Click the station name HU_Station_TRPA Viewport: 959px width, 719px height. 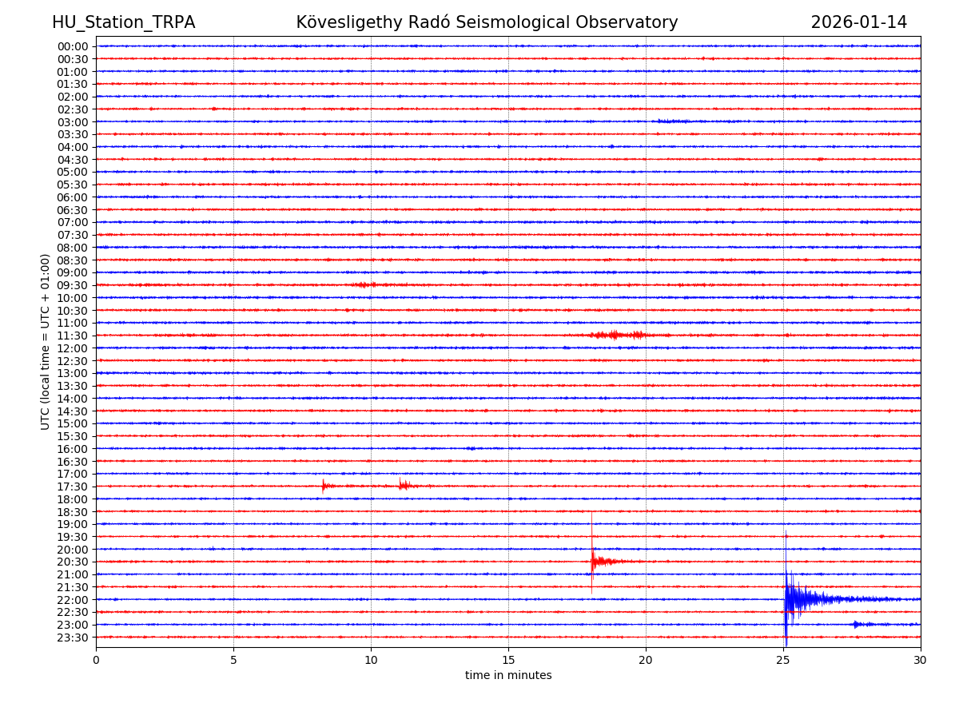click(x=123, y=22)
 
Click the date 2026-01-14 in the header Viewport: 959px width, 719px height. click(x=858, y=22)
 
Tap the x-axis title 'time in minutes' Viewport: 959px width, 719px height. click(x=508, y=675)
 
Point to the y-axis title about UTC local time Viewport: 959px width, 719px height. click(x=46, y=341)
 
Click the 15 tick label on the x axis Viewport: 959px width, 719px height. click(x=508, y=660)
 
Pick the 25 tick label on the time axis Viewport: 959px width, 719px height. click(x=783, y=660)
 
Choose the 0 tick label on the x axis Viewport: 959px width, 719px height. click(x=96, y=660)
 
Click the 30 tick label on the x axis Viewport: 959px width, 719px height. click(x=921, y=660)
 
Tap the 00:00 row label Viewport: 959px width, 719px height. click(x=73, y=46)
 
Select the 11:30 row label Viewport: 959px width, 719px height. click(x=73, y=336)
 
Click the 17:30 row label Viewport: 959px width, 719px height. click(x=73, y=487)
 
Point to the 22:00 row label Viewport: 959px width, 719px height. click(x=73, y=599)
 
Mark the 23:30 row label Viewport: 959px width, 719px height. click(x=73, y=638)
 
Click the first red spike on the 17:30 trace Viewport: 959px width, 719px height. click(x=323, y=485)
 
